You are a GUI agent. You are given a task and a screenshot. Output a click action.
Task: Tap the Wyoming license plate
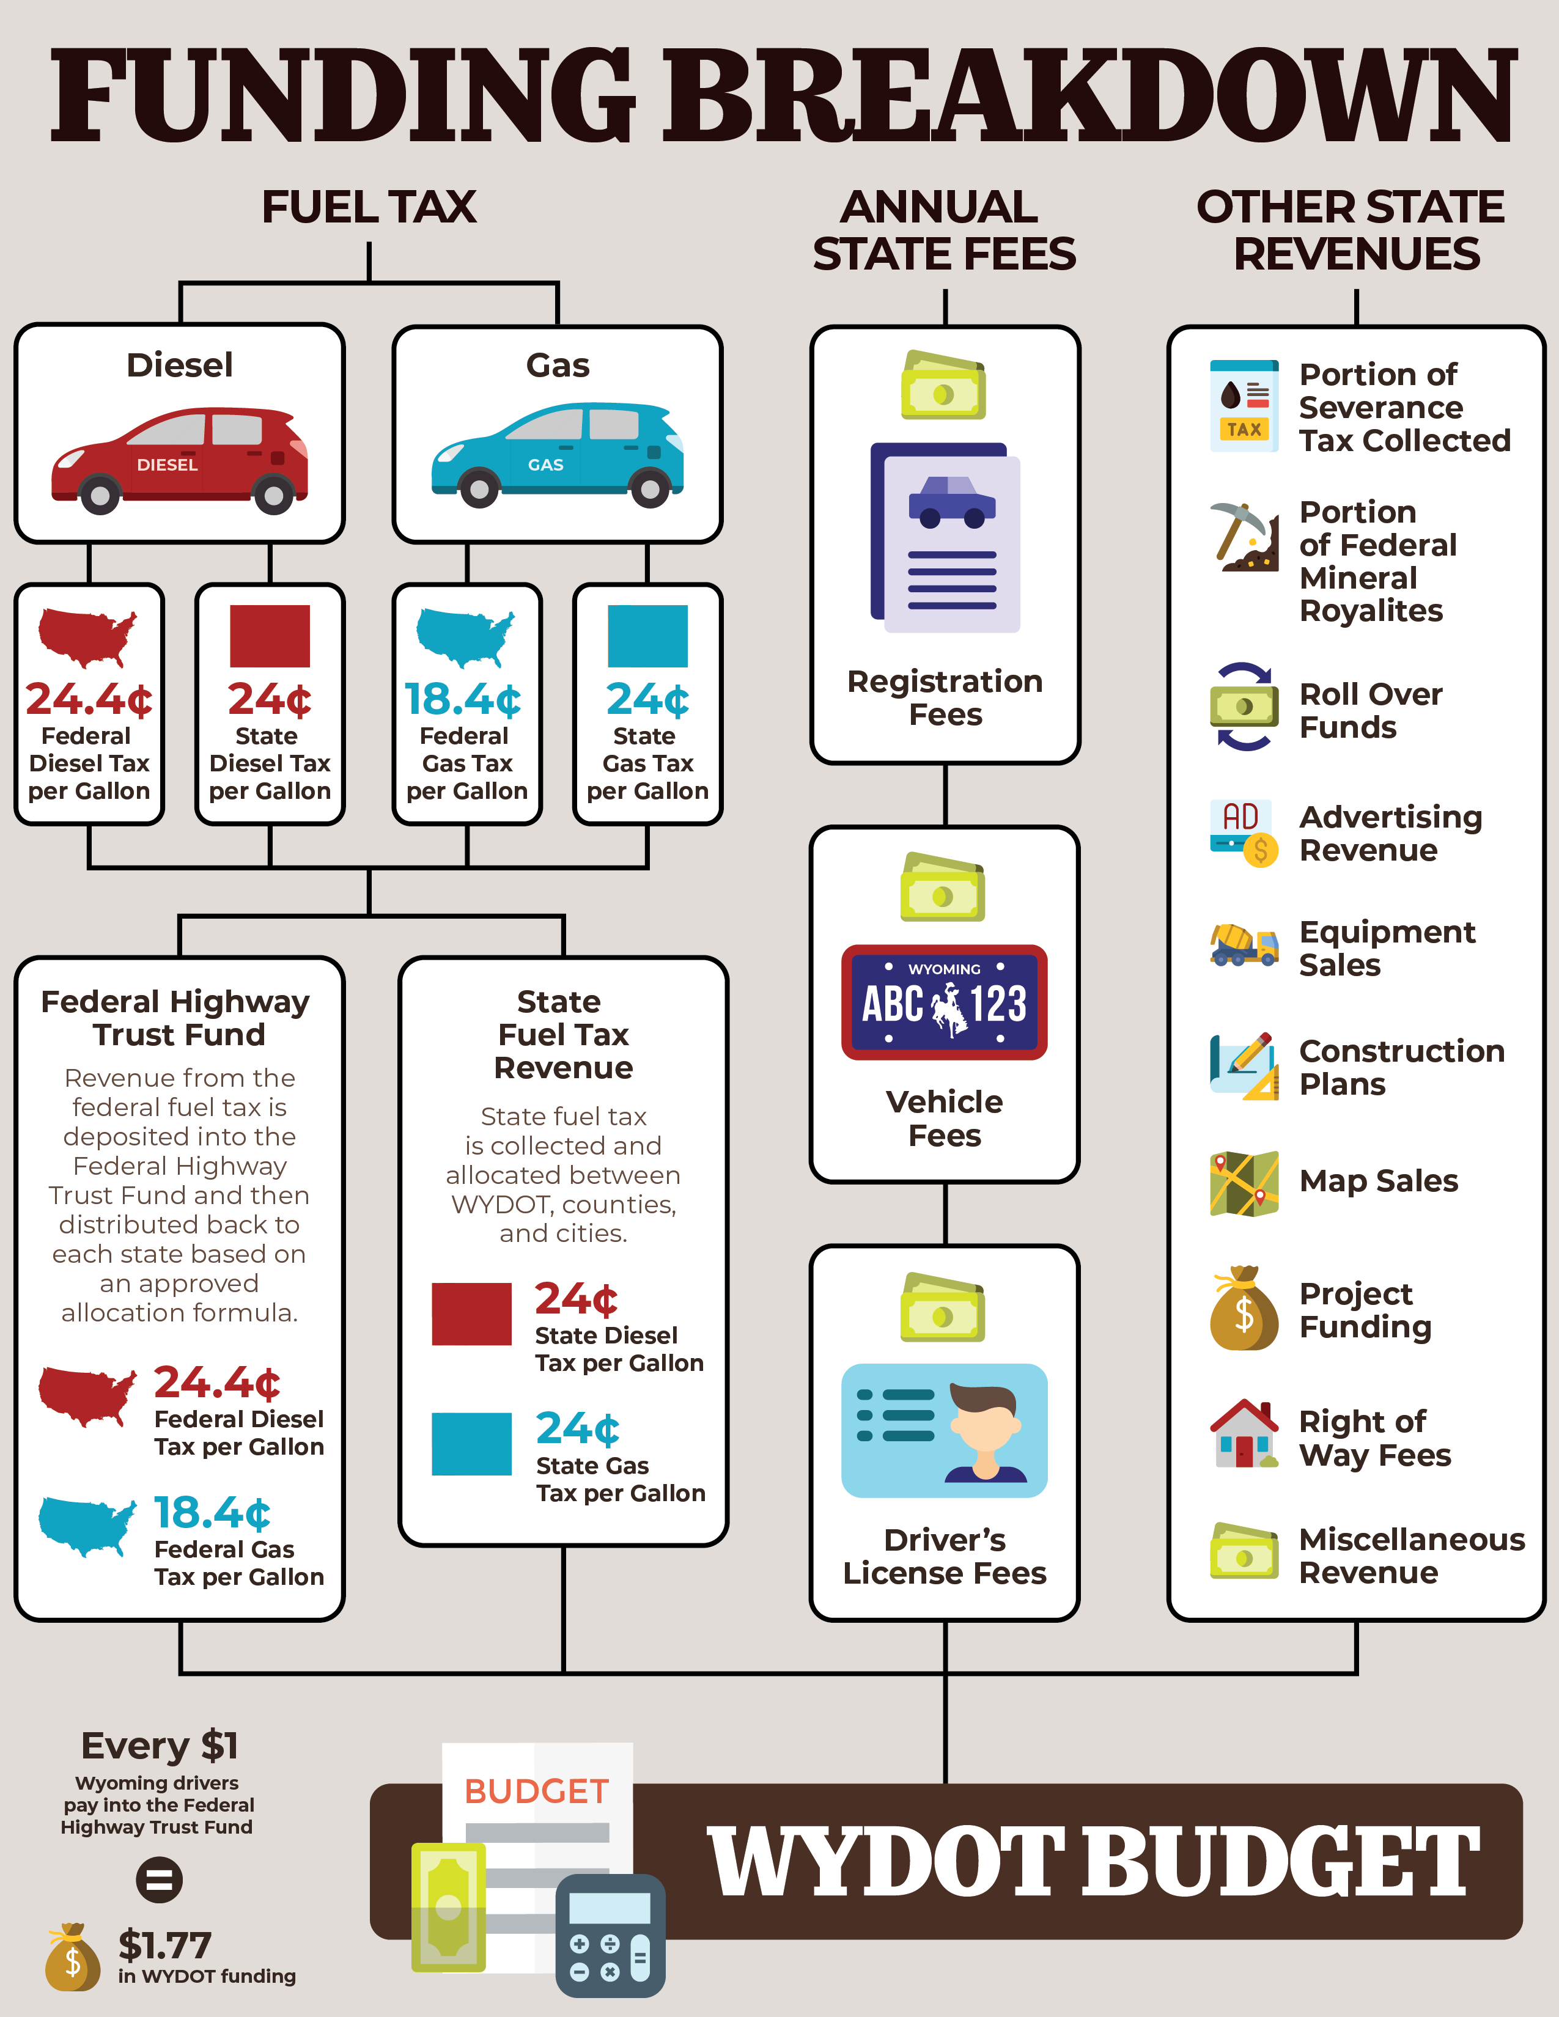944,1002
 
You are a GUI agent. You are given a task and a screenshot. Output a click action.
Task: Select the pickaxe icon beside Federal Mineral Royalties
1243,537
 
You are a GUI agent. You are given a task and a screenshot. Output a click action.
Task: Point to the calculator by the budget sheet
610,1935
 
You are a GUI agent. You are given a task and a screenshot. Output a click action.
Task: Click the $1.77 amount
165,1944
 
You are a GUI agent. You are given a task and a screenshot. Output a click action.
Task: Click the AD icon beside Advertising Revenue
1243,832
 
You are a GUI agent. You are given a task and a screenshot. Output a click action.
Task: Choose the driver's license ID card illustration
944,1430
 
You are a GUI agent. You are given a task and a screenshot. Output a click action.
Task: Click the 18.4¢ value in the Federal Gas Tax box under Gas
463,699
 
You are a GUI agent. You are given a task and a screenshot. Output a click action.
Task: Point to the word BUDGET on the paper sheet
537,1791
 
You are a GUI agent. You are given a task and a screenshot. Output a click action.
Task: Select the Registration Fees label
945,697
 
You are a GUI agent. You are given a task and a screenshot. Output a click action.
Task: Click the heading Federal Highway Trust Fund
177,1018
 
